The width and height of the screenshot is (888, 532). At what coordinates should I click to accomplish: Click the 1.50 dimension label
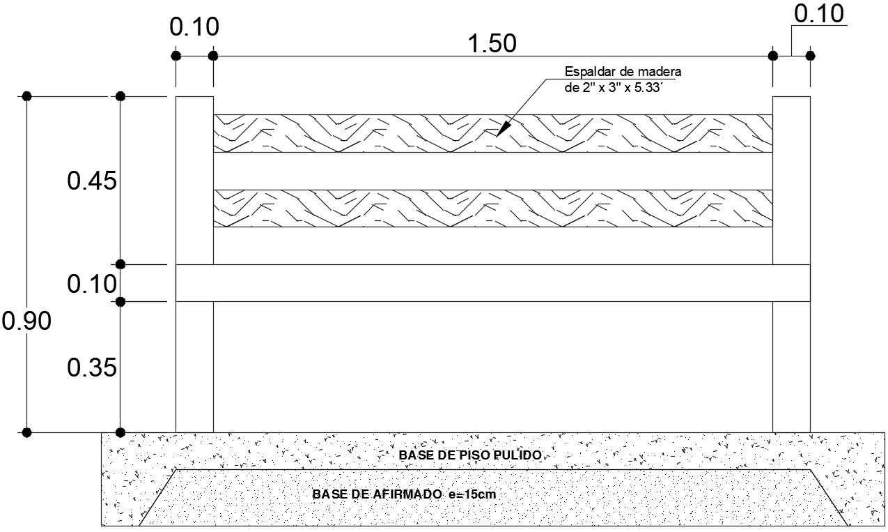click(492, 43)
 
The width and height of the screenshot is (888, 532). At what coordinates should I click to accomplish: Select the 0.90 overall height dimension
click(26, 321)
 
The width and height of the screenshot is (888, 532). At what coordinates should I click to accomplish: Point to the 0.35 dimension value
click(91, 367)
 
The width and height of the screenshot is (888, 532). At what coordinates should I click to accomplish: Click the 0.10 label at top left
click(194, 27)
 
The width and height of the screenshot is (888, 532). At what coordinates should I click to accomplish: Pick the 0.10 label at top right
click(818, 14)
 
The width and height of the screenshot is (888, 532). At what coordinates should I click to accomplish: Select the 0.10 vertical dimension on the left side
click(91, 284)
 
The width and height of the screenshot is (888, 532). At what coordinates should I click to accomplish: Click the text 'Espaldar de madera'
click(622, 72)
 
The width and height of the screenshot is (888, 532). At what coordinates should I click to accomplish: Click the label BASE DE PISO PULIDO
click(470, 455)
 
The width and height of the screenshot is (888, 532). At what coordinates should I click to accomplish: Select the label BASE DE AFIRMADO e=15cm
click(405, 494)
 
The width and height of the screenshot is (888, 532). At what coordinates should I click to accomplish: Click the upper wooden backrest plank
click(492, 133)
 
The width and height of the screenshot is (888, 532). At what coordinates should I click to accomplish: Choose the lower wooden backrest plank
click(492, 208)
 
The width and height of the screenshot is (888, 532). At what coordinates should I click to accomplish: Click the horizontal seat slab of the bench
click(492, 283)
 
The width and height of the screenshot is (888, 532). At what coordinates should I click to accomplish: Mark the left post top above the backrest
click(194, 105)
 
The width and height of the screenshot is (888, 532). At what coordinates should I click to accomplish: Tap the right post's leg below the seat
click(791, 366)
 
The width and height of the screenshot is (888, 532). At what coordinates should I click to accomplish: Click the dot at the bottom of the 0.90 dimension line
click(26, 432)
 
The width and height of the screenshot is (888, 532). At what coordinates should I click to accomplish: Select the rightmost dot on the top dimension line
click(810, 55)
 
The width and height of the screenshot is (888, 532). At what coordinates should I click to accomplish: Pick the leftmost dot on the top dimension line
click(176, 55)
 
